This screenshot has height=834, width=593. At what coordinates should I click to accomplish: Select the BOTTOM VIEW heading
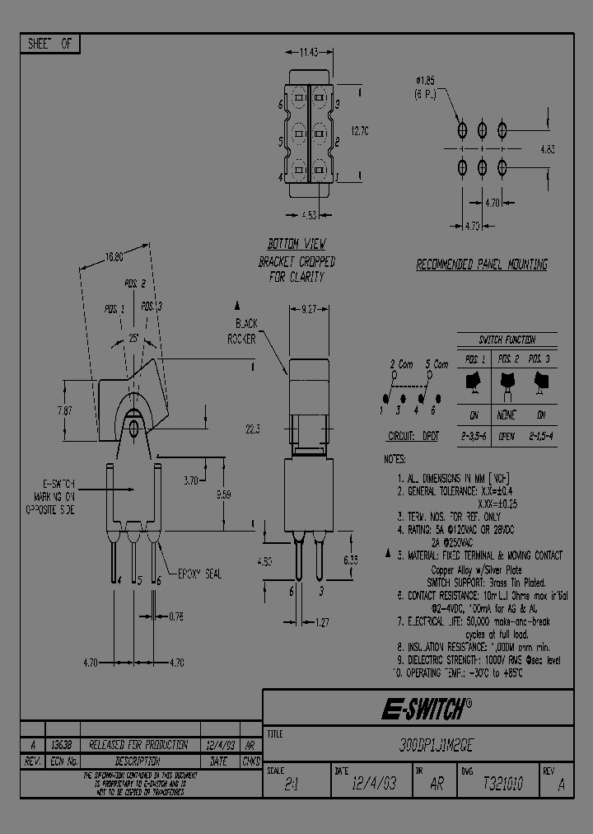tap(296, 245)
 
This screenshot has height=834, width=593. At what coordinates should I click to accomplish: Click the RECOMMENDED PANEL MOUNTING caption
tap(481, 265)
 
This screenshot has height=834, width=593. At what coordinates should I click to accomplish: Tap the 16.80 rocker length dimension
tap(114, 256)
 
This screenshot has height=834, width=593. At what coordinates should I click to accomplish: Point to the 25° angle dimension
tap(133, 338)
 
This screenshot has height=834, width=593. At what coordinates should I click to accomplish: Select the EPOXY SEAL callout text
tap(198, 574)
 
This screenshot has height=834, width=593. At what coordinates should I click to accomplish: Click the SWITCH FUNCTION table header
tap(507, 340)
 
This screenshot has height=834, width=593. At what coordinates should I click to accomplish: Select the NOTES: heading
tap(396, 458)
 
